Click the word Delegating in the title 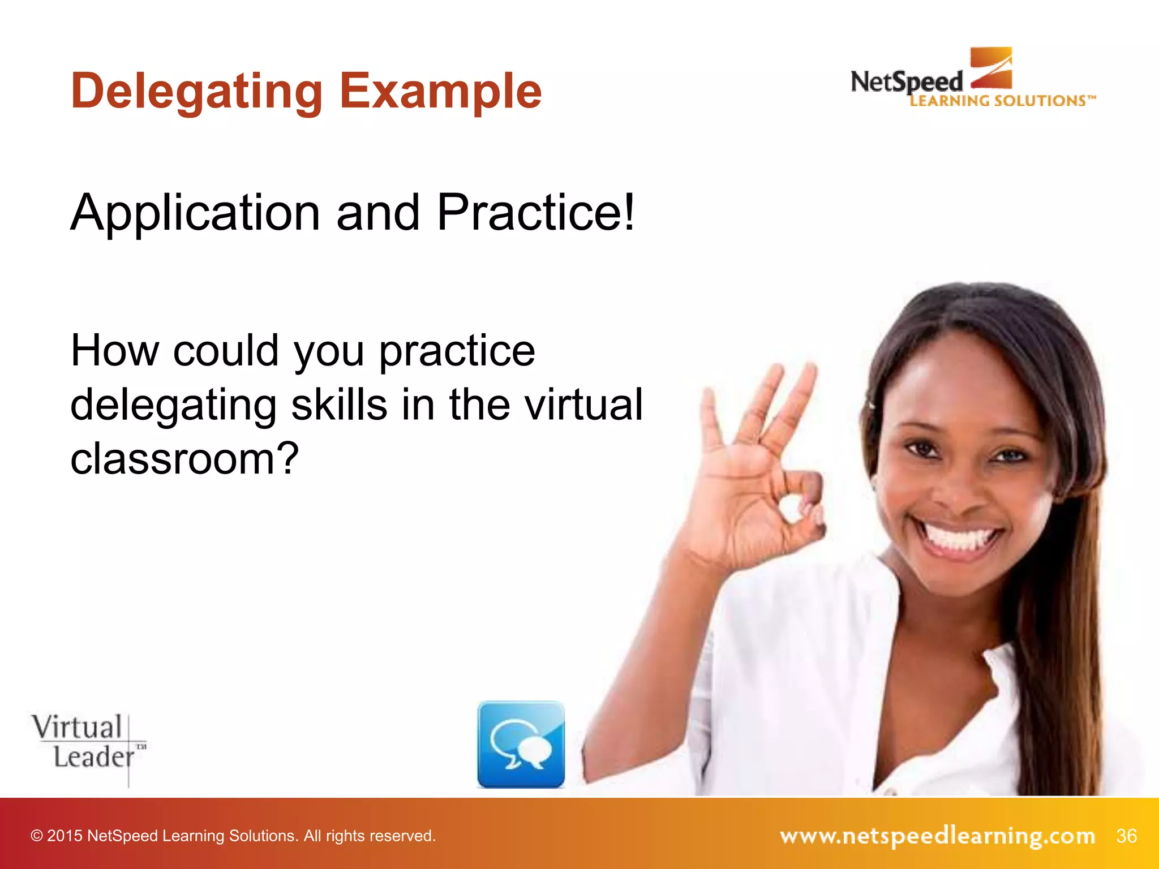(196, 92)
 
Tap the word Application (195, 213)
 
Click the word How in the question (114, 351)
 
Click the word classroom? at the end (184, 458)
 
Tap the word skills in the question (339, 405)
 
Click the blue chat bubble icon (521, 745)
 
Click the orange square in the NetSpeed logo (991, 67)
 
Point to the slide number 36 (1126, 836)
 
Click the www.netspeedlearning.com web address (937, 836)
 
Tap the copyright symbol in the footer (37, 836)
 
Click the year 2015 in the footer (65, 836)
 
